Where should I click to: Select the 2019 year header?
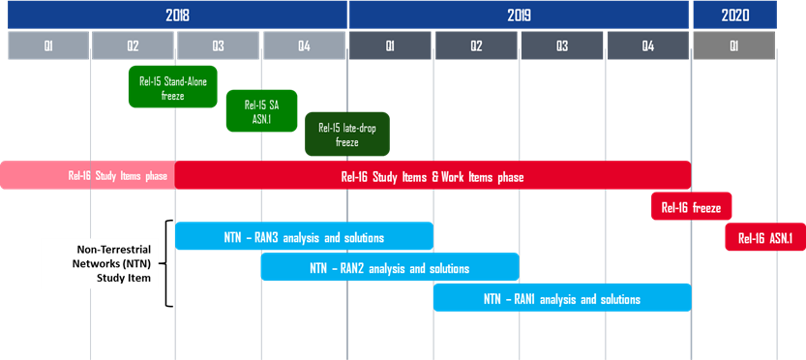520,15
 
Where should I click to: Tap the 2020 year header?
734,15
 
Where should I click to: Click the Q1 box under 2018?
48,45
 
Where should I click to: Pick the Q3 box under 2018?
219,45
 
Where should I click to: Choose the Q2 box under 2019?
476,45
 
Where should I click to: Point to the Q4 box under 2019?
648,45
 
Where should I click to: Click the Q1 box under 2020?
734,45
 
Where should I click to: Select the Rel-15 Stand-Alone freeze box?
173,87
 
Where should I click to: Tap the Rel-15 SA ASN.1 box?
261,111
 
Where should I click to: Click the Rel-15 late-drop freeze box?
347,135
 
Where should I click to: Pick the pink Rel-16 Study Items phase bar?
87,176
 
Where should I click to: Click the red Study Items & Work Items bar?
433,176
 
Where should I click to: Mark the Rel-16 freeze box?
691,206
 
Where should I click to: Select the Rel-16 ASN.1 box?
765,237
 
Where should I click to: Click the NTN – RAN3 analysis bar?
304,237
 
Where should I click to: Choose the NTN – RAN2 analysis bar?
390,267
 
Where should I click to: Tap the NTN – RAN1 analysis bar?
562,298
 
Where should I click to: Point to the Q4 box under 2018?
304,45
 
